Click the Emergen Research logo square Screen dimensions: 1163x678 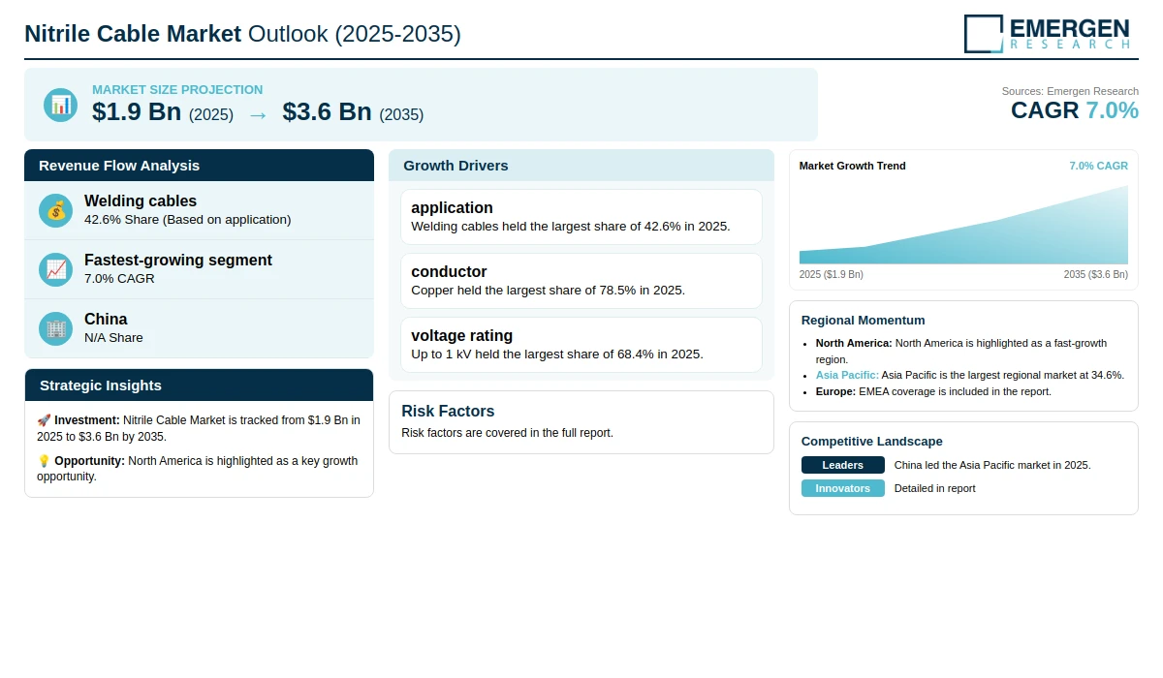(984, 34)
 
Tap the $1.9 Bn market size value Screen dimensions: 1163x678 (137, 111)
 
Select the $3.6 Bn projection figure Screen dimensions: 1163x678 (328, 111)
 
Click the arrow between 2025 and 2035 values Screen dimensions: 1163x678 (258, 115)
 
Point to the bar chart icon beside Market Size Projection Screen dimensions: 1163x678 (61, 106)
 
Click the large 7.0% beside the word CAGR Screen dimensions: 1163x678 (1113, 110)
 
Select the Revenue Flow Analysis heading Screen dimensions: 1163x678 (119, 166)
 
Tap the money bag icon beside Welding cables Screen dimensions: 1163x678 (55, 210)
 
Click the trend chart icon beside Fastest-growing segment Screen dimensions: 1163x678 (55, 270)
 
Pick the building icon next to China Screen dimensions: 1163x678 (55, 329)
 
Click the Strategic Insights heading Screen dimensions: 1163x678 (101, 385)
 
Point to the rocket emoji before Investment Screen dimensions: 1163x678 (44, 420)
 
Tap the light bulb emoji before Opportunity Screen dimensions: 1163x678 (44, 461)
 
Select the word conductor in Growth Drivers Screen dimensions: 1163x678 (449, 272)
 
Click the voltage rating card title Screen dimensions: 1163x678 (462, 336)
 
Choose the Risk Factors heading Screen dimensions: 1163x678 (448, 411)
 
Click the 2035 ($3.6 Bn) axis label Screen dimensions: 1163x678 (1096, 274)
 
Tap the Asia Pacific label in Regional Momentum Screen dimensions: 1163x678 (847, 375)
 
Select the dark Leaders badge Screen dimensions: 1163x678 (842, 465)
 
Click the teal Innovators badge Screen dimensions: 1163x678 (842, 488)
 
